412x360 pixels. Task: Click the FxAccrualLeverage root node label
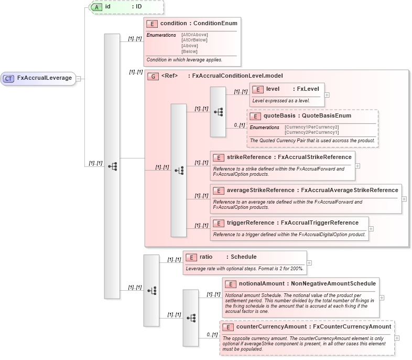[x=45, y=78]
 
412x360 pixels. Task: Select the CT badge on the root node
[x=9, y=78]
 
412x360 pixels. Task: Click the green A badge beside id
[x=97, y=7]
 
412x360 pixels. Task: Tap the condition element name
[x=174, y=23]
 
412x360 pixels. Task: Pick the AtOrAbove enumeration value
[x=194, y=35]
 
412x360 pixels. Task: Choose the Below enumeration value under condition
[x=189, y=51]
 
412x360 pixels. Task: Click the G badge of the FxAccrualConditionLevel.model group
[x=153, y=76]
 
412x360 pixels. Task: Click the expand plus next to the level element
[x=327, y=95]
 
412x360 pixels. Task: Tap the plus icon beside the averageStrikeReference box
[x=404, y=199]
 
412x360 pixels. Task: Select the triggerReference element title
[x=250, y=223]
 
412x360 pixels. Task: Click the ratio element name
[x=206, y=257]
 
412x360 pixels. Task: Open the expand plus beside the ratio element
[x=309, y=263]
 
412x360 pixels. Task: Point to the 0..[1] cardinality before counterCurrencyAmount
[x=211, y=334]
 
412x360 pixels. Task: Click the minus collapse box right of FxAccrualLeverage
[x=78, y=79]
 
